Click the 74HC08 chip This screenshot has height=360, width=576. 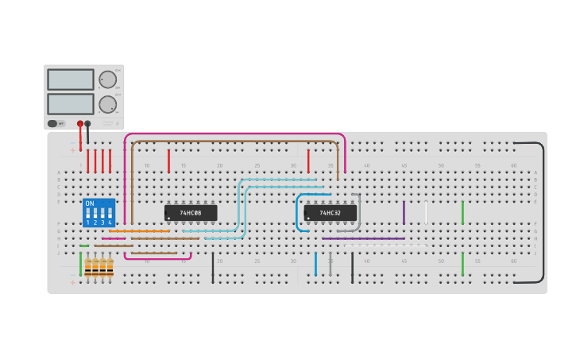coord(191,213)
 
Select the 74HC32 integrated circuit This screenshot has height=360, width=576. coord(331,213)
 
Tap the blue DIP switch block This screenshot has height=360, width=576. coord(99,213)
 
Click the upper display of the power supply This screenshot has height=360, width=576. coord(70,79)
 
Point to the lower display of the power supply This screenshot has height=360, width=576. coord(70,104)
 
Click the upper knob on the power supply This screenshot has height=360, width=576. coord(107,79)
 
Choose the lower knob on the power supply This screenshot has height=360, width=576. coord(107,104)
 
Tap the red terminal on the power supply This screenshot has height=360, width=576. coord(80,123)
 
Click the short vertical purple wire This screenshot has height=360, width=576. coord(404,212)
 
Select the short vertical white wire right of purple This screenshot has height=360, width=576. coord(426,212)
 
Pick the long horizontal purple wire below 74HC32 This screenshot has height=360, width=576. coord(364,238)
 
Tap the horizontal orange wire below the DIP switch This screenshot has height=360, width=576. coord(139,231)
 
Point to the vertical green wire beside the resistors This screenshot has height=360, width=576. coord(80,264)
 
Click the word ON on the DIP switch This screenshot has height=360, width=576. coord(89,203)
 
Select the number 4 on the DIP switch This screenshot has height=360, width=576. coord(110,223)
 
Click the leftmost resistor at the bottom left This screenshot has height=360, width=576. coord(88,268)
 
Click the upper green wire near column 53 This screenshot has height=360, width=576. coord(462,212)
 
